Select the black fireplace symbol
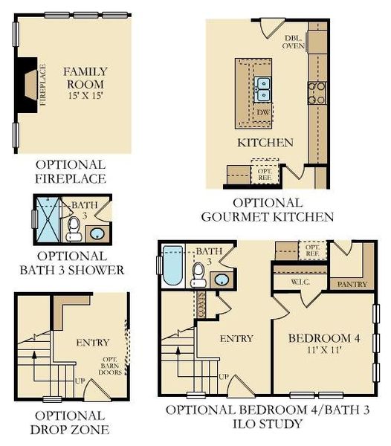[28, 84]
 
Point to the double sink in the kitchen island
[262, 89]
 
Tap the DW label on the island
[262, 111]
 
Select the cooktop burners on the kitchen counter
[317, 92]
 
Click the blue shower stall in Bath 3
[49, 220]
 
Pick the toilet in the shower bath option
[73, 229]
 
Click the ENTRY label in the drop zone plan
[93, 343]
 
